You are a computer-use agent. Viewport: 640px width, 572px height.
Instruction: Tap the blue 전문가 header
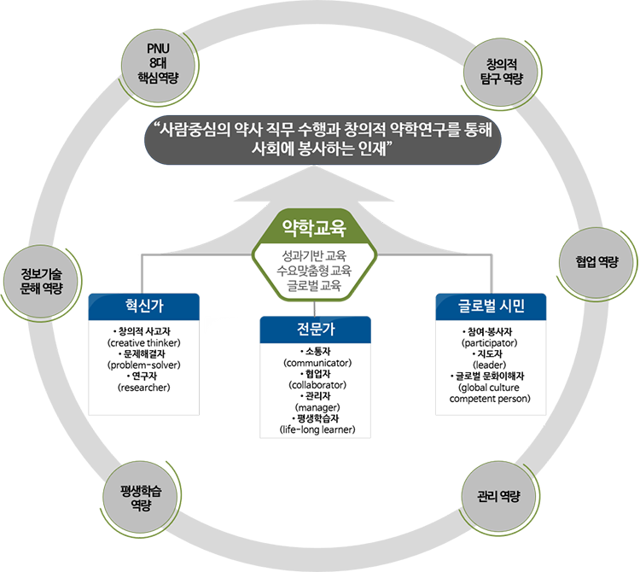pyautogui.click(x=316, y=330)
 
